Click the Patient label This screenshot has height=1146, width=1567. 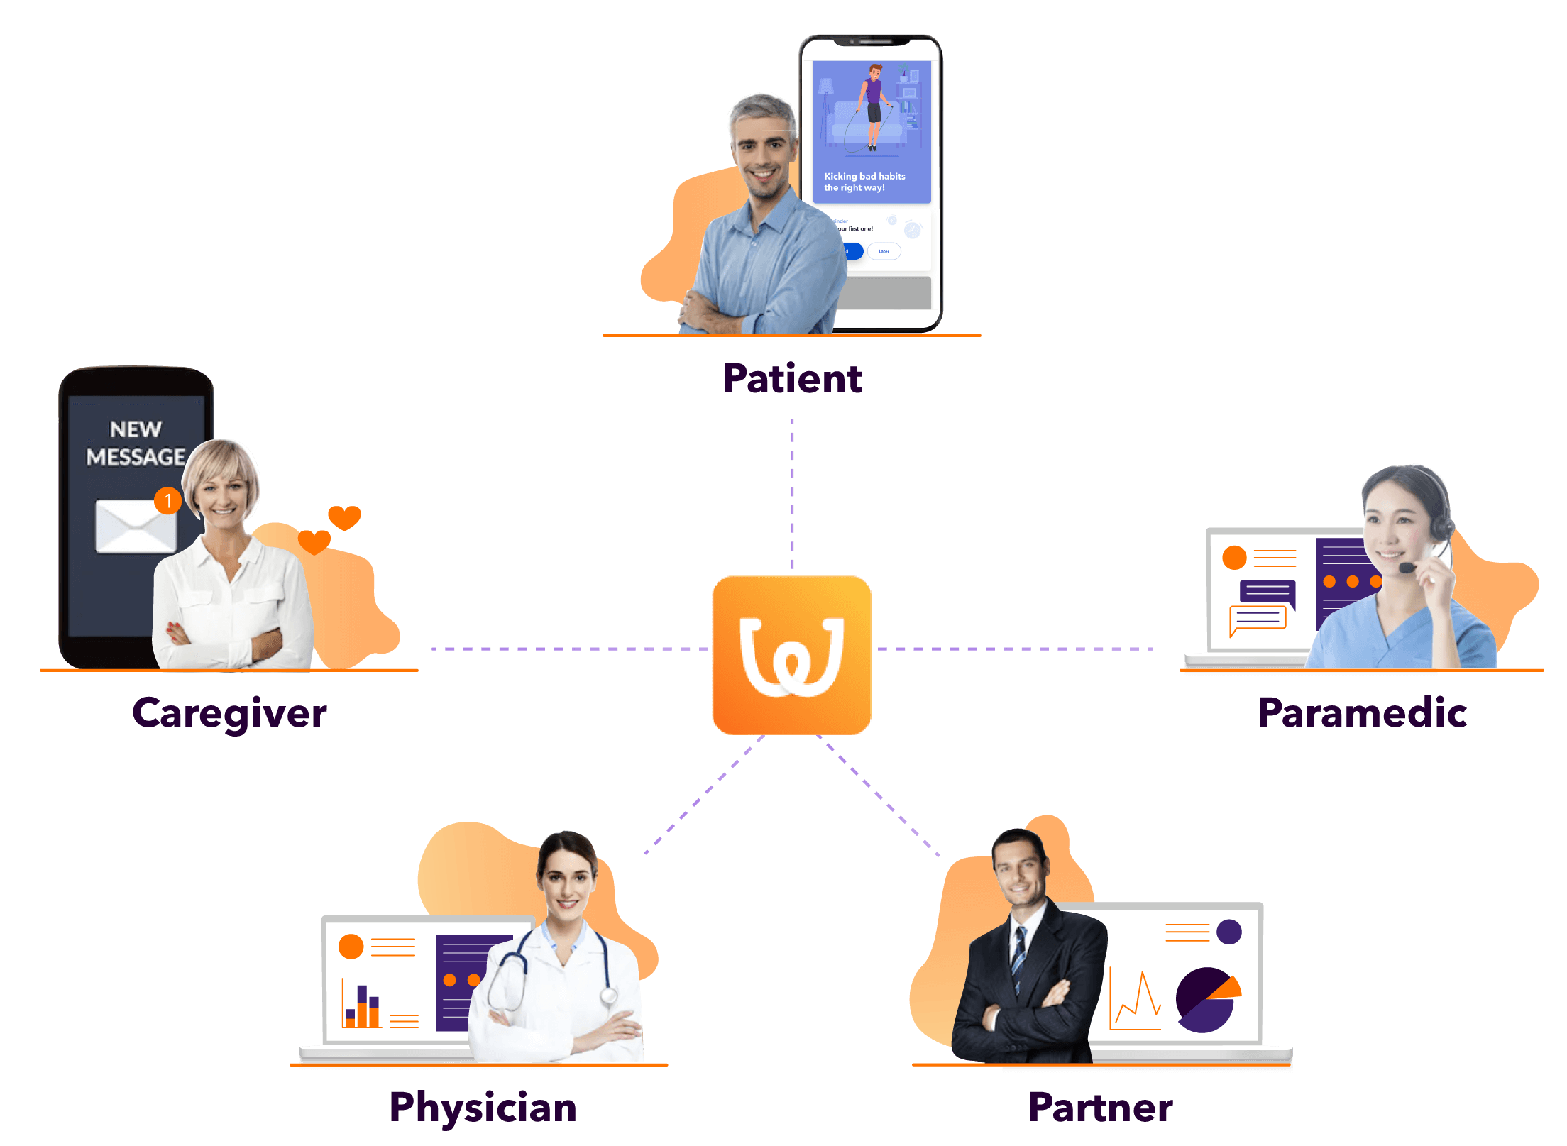pos(792,378)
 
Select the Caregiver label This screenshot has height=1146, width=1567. pos(229,712)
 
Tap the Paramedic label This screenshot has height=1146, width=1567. pos(1362,712)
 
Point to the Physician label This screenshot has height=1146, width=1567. pos(483,1107)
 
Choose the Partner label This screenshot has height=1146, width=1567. pos(1100,1107)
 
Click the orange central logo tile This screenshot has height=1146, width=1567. pos(791,655)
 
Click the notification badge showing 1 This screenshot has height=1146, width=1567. pos(167,500)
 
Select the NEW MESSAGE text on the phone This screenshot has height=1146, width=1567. pos(135,443)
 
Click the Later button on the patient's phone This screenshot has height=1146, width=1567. pos(884,251)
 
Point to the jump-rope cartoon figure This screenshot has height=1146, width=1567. pos(872,106)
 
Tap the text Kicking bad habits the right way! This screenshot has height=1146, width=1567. pos(864,182)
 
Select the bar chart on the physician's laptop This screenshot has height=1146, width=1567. pos(362,1006)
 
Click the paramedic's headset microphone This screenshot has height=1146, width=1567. pos(1407,568)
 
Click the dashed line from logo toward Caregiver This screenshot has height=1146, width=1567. pos(568,649)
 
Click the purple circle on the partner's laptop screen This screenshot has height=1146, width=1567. pos(1228,932)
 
